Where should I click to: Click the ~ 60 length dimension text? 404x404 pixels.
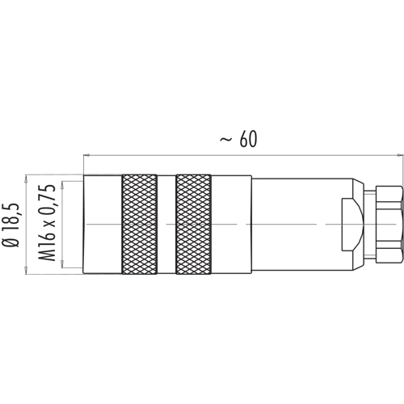(238, 140)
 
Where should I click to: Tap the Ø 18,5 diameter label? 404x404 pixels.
(11, 225)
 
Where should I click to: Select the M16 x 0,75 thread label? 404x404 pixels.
(47, 222)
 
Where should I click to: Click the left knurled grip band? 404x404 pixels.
(140, 225)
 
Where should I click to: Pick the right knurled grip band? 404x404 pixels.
(193, 225)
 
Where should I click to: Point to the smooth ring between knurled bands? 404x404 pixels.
(166, 225)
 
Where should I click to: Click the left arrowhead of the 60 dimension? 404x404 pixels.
(86, 155)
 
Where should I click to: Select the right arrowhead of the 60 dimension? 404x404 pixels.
(401, 155)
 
